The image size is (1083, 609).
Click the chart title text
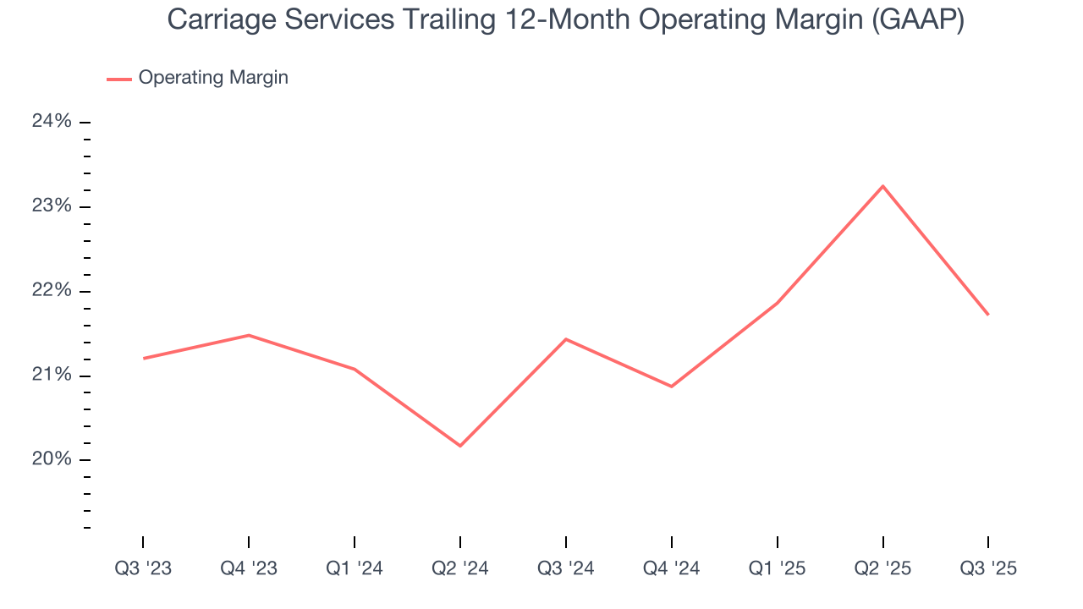(x=565, y=20)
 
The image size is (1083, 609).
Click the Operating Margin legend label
(x=213, y=78)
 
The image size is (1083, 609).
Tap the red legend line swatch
(x=118, y=79)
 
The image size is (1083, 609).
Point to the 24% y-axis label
(x=52, y=122)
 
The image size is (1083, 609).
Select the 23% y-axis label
(x=52, y=206)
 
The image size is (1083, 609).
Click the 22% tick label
(x=52, y=291)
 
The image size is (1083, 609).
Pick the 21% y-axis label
(x=52, y=376)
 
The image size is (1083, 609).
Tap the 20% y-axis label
(x=52, y=460)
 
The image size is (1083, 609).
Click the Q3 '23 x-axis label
(x=143, y=569)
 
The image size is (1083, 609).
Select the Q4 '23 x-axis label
(x=249, y=569)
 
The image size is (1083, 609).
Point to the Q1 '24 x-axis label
(x=355, y=569)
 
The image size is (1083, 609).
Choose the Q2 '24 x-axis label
(x=460, y=569)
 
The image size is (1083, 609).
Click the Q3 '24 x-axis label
(x=566, y=569)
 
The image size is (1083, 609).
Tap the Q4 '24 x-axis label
(x=672, y=569)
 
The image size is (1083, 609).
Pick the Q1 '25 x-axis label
(x=778, y=569)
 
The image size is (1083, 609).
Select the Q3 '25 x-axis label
(x=988, y=569)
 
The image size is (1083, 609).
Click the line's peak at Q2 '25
(x=883, y=186)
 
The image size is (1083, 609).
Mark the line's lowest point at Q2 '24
(x=460, y=446)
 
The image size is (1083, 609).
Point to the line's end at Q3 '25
(x=988, y=315)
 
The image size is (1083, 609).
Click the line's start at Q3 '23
(x=144, y=359)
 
